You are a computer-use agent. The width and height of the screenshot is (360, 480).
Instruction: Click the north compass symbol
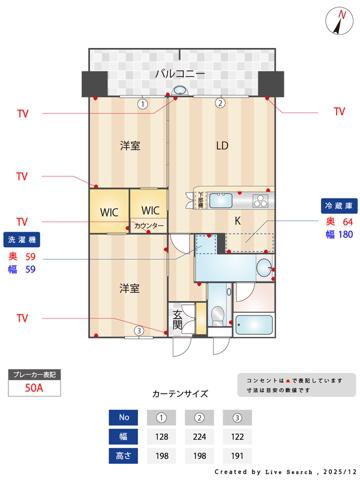point(336,18)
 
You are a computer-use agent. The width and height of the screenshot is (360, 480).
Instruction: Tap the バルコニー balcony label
point(179,75)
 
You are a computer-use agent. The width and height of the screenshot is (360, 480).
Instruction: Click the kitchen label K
point(238,220)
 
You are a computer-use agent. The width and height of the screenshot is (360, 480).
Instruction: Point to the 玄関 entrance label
point(177,320)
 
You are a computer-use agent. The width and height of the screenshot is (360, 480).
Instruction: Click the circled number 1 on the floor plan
point(143,103)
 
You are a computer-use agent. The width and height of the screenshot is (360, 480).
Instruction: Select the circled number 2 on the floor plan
point(220,103)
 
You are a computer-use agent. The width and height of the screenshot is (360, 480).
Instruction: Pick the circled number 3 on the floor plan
point(139,331)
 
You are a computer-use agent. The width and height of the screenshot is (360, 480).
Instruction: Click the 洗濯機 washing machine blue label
point(21,241)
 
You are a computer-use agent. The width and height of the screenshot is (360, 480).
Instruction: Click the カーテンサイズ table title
point(180,394)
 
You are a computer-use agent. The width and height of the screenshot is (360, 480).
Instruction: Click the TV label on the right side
point(338,112)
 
